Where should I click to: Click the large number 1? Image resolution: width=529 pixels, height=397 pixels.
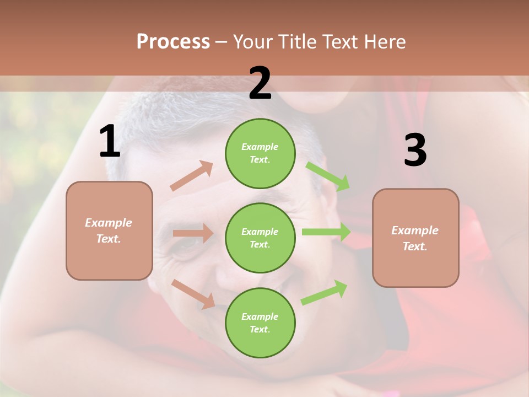110,142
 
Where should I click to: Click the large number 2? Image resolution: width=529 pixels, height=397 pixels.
260,83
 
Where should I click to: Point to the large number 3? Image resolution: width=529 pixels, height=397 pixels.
415,150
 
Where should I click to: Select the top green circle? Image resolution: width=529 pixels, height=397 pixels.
260,153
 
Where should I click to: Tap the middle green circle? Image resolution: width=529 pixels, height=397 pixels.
260,238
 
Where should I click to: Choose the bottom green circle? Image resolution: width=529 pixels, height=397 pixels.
260,323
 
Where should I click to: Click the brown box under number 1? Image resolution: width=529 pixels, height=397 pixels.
109,230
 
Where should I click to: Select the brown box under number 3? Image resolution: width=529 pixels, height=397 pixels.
415,238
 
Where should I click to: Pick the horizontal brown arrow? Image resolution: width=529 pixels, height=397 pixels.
193,233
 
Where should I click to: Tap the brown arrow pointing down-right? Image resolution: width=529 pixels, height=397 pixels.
193,293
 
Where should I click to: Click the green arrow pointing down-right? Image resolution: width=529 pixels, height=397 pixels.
328,176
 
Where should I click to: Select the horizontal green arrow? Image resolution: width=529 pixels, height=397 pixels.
326,232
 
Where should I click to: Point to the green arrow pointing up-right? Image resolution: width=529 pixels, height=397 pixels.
324,292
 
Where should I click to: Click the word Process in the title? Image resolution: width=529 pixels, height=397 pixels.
173,41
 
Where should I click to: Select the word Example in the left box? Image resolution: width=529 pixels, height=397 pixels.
109,223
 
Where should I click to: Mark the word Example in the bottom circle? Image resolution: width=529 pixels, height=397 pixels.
260,316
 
